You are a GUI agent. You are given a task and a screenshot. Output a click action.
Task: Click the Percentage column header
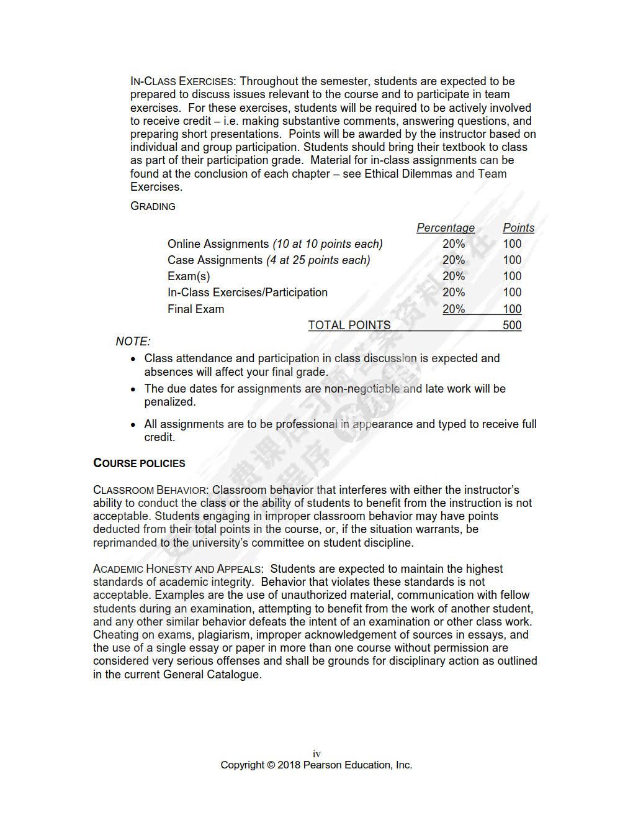445,228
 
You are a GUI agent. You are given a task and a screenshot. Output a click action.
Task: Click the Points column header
518,228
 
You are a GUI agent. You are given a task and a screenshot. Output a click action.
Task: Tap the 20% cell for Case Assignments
454,260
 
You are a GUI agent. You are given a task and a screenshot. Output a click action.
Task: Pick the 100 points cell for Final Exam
512,309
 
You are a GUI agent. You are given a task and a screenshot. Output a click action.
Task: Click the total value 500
512,325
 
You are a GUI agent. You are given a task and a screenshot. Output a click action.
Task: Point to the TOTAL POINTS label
349,325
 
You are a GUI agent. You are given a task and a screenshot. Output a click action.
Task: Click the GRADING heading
153,206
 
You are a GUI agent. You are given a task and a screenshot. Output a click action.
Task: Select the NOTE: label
133,342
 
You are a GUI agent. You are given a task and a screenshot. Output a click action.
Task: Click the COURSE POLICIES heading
139,463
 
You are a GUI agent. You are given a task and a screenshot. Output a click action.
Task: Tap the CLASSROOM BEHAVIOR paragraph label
150,490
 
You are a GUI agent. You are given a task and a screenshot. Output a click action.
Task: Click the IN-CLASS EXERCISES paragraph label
182,81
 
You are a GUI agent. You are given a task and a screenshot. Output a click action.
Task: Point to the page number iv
316,754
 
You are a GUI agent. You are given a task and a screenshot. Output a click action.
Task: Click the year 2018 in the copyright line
289,765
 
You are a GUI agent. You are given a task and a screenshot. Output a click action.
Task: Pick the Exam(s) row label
189,276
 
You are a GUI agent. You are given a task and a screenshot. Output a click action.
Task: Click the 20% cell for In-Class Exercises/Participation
454,293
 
